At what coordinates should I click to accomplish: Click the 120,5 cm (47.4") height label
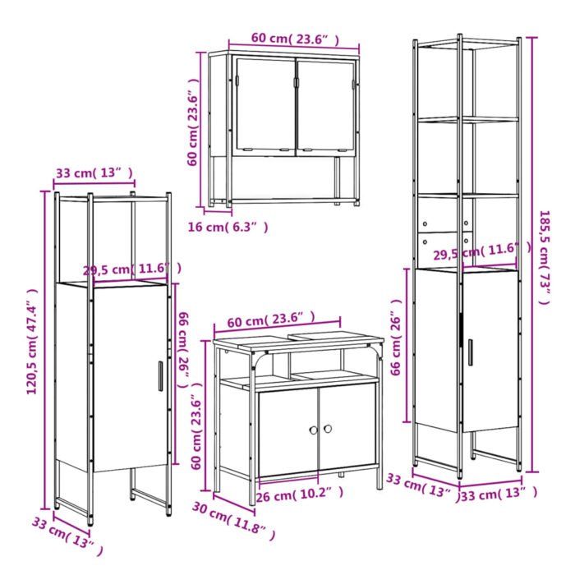tap(33, 341)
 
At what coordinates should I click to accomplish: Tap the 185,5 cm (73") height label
tap(543, 257)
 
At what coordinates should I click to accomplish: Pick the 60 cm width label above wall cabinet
tap(294, 39)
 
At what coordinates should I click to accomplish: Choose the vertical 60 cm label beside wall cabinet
tap(193, 127)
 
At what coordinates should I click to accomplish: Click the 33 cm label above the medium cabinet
tap(94, 172)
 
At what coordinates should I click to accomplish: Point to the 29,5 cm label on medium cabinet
tap(131, 269)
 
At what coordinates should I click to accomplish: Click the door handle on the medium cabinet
tap(159, 375)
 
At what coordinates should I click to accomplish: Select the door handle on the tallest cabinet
tap(470, 352)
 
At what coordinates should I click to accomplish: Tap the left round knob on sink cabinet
tap(313, 430)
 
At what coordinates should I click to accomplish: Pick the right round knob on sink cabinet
tap(326, 429)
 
